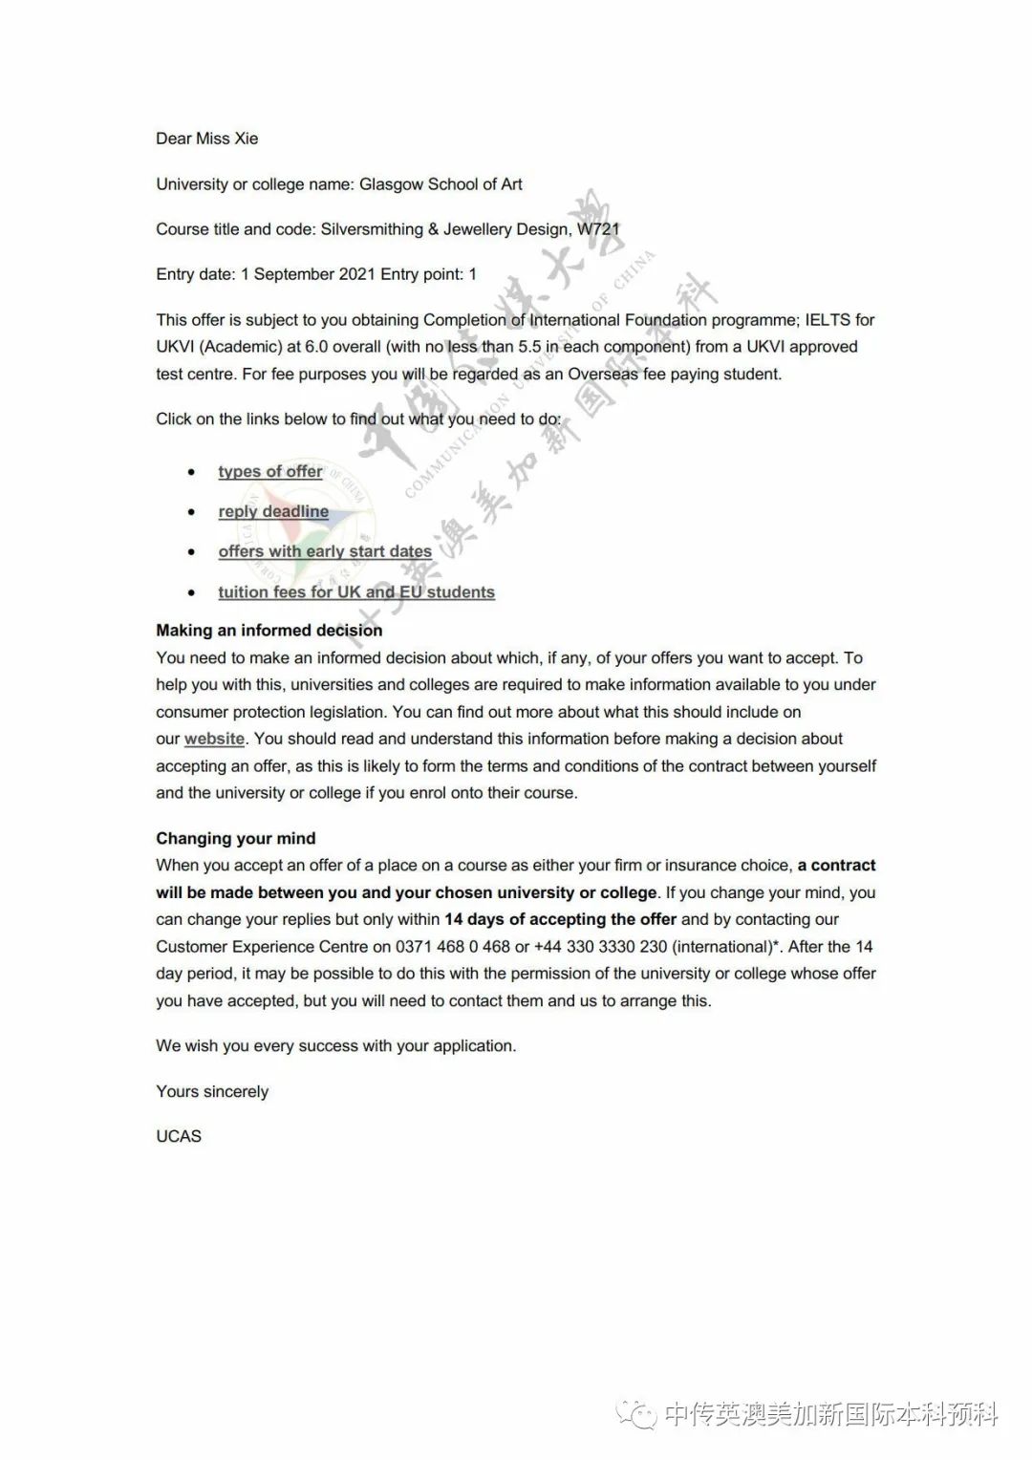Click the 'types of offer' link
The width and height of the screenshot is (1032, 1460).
pos(269,471)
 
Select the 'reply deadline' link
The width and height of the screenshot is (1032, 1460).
pos(272,511)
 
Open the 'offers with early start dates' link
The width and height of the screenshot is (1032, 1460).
pos(324,551)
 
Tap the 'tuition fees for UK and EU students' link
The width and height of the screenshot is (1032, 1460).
pos(355,592)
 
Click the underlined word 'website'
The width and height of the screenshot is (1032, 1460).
pos(214,739)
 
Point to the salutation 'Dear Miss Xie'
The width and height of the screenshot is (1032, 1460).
pos(206,139)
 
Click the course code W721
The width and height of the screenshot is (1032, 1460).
pos(598,229)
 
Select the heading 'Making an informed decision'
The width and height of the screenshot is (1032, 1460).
pos(269,631)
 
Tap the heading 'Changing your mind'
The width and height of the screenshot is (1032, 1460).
pos(235,838)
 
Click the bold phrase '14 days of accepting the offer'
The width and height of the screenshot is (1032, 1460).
pos(560,919)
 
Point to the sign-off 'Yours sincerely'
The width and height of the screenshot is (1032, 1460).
pos(212,1091)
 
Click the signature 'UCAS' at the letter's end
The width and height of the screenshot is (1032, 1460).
pos(179,1136)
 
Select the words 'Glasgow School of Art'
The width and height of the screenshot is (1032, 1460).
pos(441,184)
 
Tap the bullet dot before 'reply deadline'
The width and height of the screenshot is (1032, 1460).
pos(192,512)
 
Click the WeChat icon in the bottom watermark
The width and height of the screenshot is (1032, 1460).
pos(635,1414)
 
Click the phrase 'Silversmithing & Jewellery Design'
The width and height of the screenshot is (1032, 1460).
pos(444,229)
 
